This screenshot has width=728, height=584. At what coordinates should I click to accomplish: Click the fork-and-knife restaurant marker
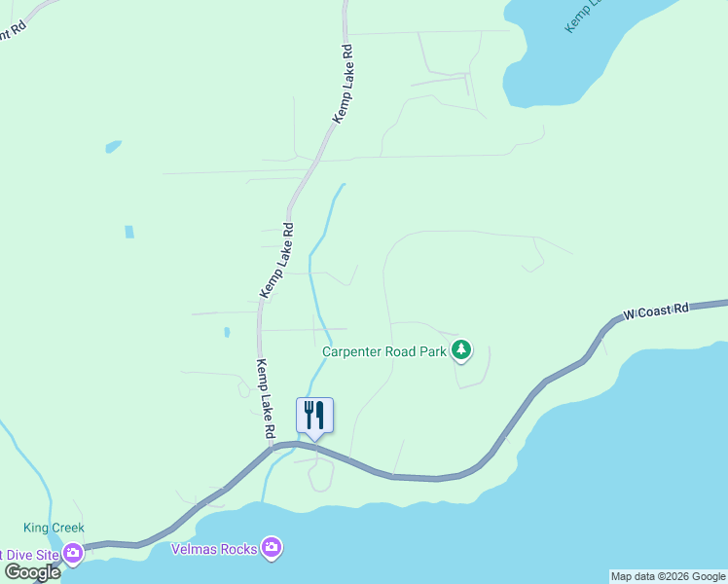pyautogui.click(x=314, y=415)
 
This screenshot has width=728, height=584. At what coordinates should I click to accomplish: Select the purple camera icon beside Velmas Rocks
pyautogui.click(x=273, y=549)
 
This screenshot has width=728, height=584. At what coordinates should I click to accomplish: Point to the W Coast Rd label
pyautogui.click(x=656, y=310)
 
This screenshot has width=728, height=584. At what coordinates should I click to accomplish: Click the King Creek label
pyautogui.click(x=55, y=529)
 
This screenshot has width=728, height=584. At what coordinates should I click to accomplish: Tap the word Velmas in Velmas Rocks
pyautogui.click(x=194, y=549)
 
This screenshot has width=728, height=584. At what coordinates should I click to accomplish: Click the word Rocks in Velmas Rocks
pyautogui.click(x=239, y=549)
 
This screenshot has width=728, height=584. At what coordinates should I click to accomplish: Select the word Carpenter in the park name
pyautogui.click(x=354, y=351)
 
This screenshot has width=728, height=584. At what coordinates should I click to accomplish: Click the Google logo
pyautogui.click(x=32, y=572)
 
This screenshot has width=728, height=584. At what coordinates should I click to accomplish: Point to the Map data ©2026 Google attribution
pyautogui.click(x=668, y=576)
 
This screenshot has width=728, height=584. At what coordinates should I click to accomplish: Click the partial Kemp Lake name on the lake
pyautogui.click(x=585, y=16)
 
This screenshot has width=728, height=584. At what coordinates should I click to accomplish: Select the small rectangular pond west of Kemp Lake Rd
pyautogui.click(x=129, y=232)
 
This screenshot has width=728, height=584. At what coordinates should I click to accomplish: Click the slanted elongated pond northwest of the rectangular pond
pyautogui.click(x=114, y=147)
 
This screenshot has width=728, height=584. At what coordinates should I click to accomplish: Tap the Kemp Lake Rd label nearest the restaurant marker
pyautogui.click(x=265, y=399)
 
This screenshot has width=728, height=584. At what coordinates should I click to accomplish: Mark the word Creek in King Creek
pyautogui.click(x=68, y=529)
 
